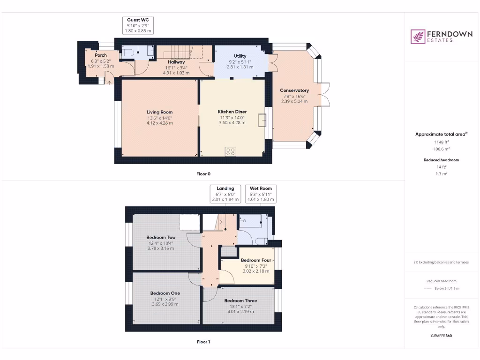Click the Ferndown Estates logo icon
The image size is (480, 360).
point(418,37)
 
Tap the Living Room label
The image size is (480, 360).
point(159,112)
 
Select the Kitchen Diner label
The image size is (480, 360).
point(232,112)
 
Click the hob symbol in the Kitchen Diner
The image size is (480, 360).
point(231,151)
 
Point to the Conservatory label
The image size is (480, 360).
point(294,90)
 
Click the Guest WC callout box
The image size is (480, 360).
point(138,25)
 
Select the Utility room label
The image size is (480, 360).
point(240,56)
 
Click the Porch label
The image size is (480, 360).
point(101,55)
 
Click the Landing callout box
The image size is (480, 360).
point(225,194)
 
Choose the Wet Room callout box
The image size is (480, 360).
point(261,194)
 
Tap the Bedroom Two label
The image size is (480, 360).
point(161,237)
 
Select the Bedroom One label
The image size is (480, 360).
point(162,293)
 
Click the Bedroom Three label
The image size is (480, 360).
point(240,300)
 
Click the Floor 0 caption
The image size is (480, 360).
point(203,174)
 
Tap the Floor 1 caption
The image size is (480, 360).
point(203,342)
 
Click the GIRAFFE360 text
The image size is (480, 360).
point(441,336)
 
